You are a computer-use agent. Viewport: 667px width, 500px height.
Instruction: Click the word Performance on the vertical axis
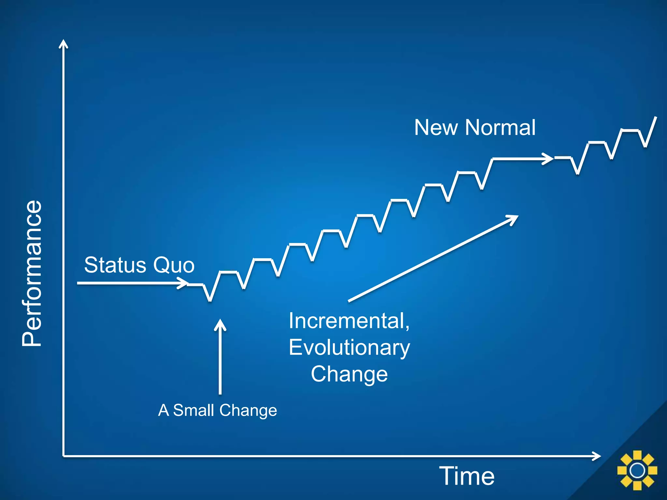pos(32,273)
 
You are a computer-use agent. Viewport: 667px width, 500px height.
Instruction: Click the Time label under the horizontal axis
pos(467,476)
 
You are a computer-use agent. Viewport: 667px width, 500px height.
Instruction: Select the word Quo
pos(174,265)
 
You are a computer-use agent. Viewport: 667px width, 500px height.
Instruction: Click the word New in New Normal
pos(436,127)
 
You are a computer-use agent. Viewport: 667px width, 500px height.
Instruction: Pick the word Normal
pos(500,127)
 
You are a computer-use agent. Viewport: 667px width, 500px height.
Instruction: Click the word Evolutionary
pos(349,347)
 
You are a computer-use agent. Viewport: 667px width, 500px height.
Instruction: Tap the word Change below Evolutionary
pos(349,374)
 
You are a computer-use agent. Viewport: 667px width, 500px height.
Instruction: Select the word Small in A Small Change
pos(194,410)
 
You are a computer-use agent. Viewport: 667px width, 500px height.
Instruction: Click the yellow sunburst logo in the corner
pos(637,470)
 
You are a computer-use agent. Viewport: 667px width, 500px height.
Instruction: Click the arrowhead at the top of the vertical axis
pos(63,43)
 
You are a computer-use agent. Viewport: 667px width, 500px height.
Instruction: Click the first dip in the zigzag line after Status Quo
pos(210,300)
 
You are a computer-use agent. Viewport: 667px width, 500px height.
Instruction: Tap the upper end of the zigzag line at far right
pos(656,118)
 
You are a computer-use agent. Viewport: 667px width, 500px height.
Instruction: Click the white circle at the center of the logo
pos(637,470)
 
